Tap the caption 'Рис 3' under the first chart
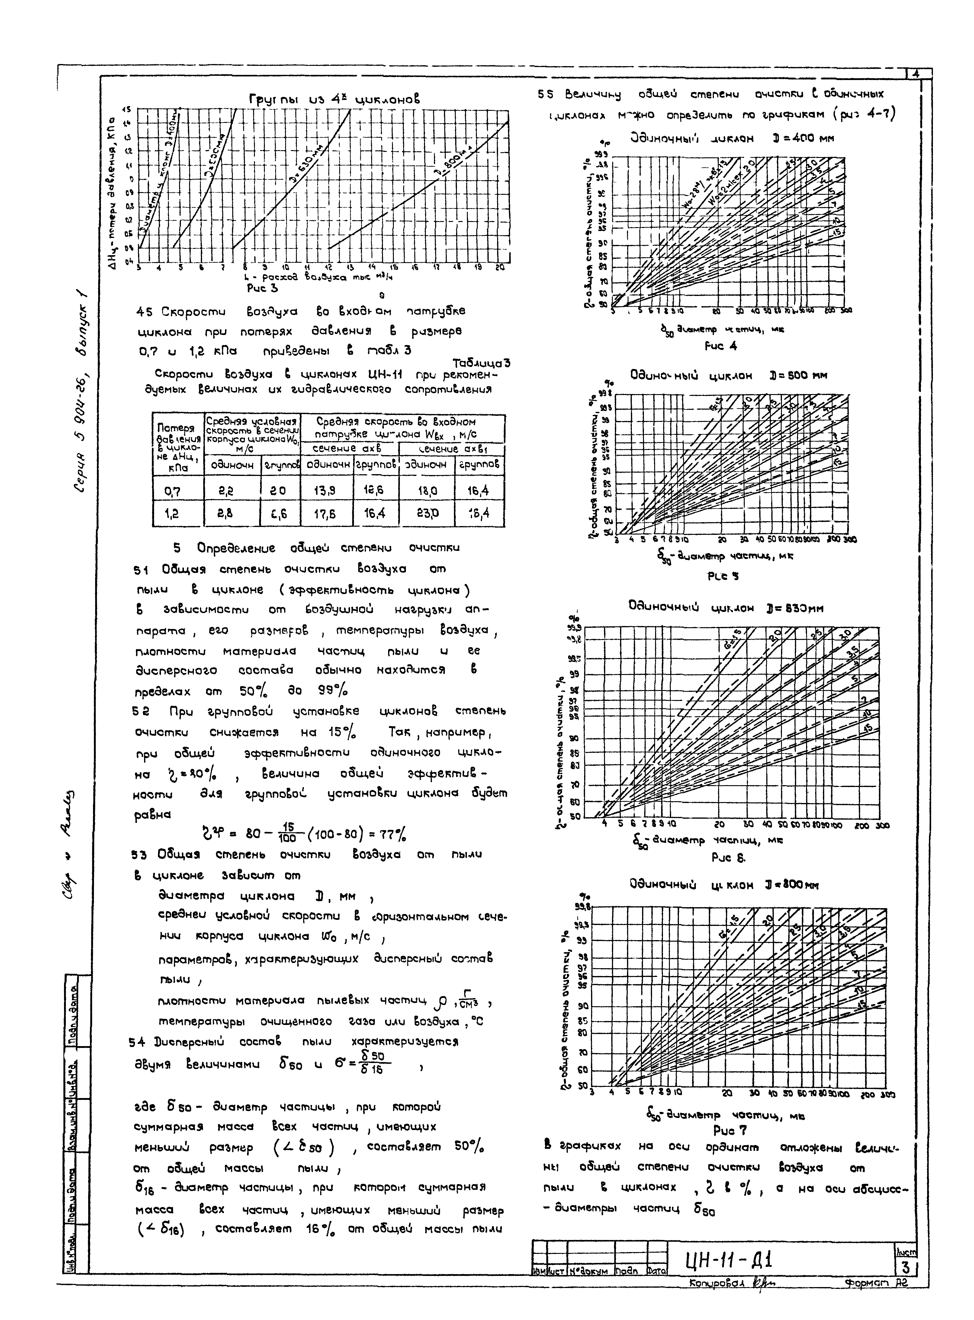[x=262, y=288]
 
